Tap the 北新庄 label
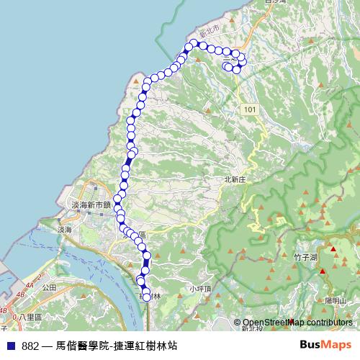[x=235, y=180]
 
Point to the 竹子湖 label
[x=306, y=256]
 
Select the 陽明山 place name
[x=336, y=300]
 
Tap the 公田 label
[x=49, y=287]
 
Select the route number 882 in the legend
[x=30, y=346]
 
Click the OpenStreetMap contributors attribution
[x=297, y=323]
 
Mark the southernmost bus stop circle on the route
[x=147, y=297]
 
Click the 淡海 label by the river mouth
[x=64, y=230]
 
